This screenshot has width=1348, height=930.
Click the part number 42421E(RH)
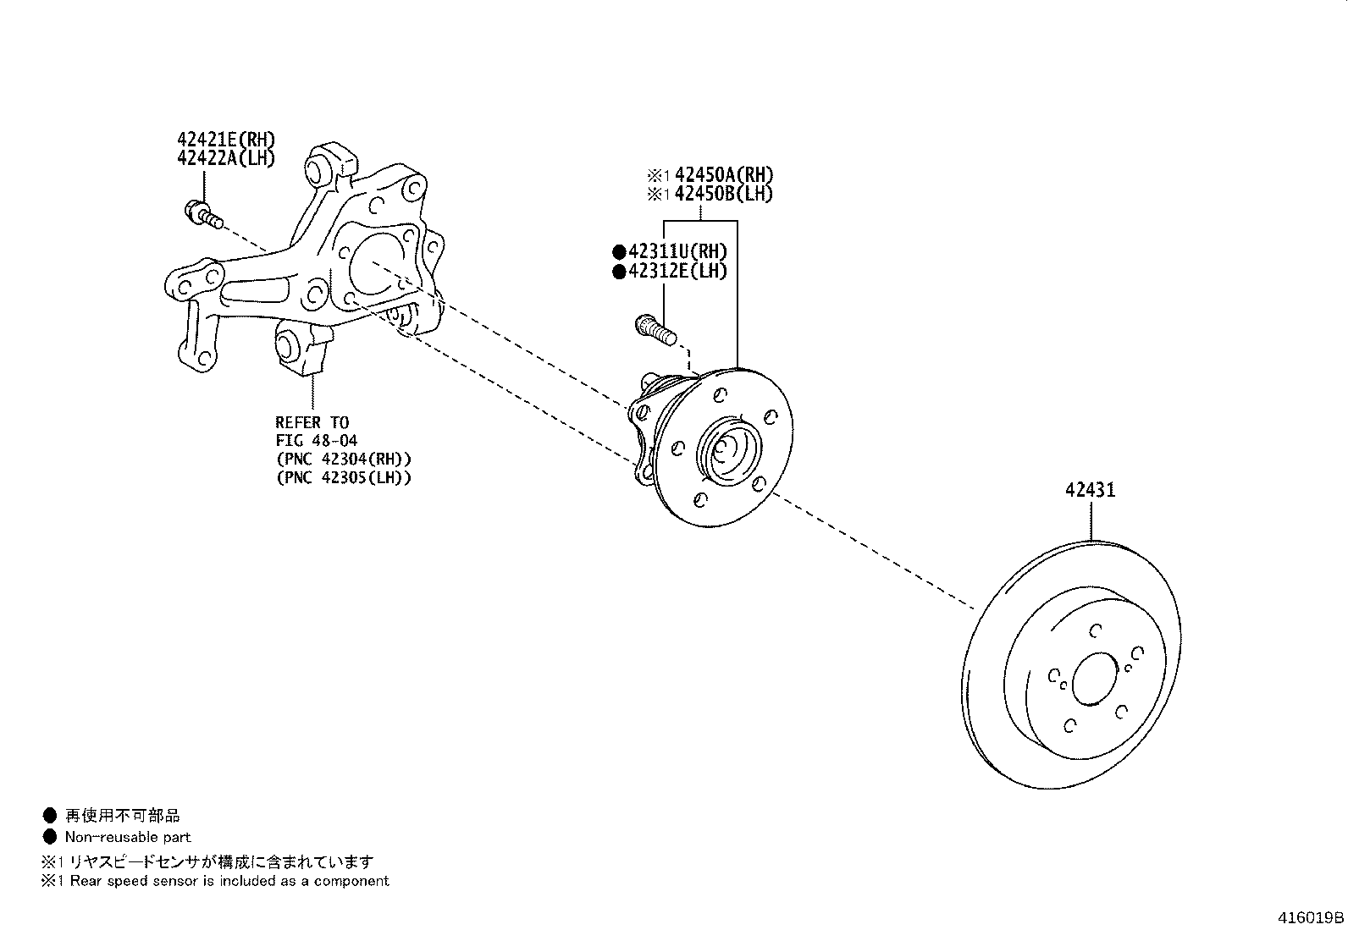[x=226, y=140]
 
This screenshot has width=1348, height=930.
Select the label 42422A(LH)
[x=226, y=158]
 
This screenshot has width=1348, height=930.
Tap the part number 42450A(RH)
[x=724, y=175]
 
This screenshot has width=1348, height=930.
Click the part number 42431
[x=1090, y=490]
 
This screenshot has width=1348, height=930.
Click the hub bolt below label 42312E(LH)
[x=655, y=329]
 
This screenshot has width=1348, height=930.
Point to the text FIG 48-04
[x=316, y=440]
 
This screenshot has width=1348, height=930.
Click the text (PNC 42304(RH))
[x=343, y=459]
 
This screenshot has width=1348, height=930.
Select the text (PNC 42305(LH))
[x=343, y=477]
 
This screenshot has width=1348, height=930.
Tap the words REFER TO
[x=312, y=421]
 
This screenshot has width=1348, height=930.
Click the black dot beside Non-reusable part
[x=49, y=837]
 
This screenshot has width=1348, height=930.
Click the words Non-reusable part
[x=128, y=837]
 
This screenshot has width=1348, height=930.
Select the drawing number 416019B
[x=1311, y=917]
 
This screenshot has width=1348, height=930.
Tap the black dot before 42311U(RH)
[x=619, y=251]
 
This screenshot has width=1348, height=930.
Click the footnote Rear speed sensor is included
[x=229, y=881]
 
